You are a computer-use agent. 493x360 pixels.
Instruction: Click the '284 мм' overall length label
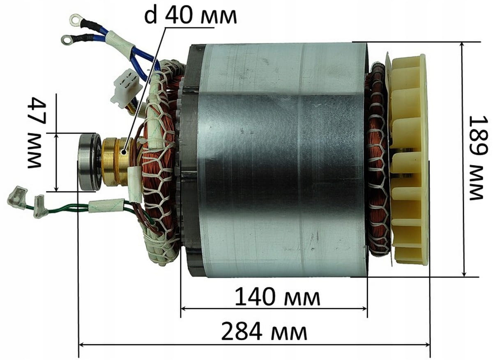point(264,331)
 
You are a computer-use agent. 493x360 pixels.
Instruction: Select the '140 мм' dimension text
point(278,297)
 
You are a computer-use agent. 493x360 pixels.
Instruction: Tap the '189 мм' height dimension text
point(478,158)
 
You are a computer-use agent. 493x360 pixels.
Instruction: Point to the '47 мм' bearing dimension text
point(37,133)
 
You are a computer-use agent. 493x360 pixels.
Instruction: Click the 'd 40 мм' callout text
point(191,16)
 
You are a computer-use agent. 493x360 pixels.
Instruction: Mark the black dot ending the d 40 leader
point(124,152)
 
